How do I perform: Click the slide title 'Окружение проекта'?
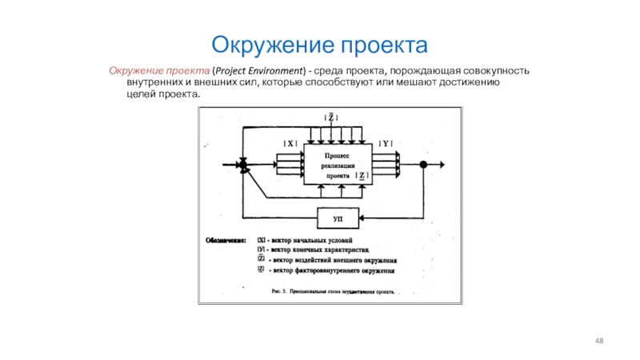[x=320, y=42]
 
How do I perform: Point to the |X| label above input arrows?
[x=290, y=143]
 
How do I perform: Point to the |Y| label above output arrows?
[x=385, y=143]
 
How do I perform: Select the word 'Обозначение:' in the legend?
[x=228, y=239]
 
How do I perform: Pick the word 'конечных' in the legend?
[x=314, y=250]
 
